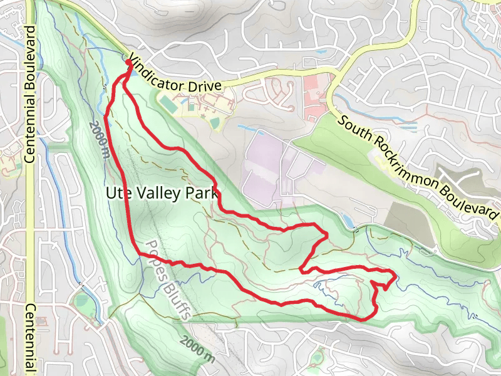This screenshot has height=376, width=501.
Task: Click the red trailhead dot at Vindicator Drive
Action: (129, 62)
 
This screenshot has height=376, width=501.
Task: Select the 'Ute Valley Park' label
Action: (162, 194)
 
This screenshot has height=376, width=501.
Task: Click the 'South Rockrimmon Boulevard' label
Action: (418, 166)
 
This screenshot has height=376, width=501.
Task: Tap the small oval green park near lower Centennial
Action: (81, 301)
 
